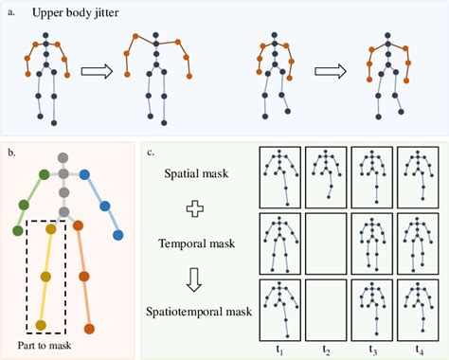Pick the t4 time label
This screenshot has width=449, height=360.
pos(420,349)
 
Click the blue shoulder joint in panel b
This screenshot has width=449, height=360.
pos(84,175)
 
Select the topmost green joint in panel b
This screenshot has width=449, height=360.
pos(43,175)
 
